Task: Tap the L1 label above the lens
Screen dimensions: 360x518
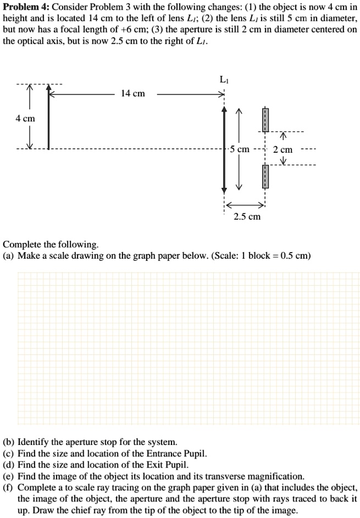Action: coord(224,79)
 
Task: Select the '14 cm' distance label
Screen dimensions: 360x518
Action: coord(133,94)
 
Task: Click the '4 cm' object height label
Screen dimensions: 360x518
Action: coord(25,119)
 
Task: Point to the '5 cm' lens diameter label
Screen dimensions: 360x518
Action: coord(240,149)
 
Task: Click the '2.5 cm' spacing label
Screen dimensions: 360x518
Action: coord(247,216)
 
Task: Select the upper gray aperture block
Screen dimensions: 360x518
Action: coord(265,120)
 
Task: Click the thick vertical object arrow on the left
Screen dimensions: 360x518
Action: coord(48,118)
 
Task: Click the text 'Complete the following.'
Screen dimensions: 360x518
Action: coord(51,244)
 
